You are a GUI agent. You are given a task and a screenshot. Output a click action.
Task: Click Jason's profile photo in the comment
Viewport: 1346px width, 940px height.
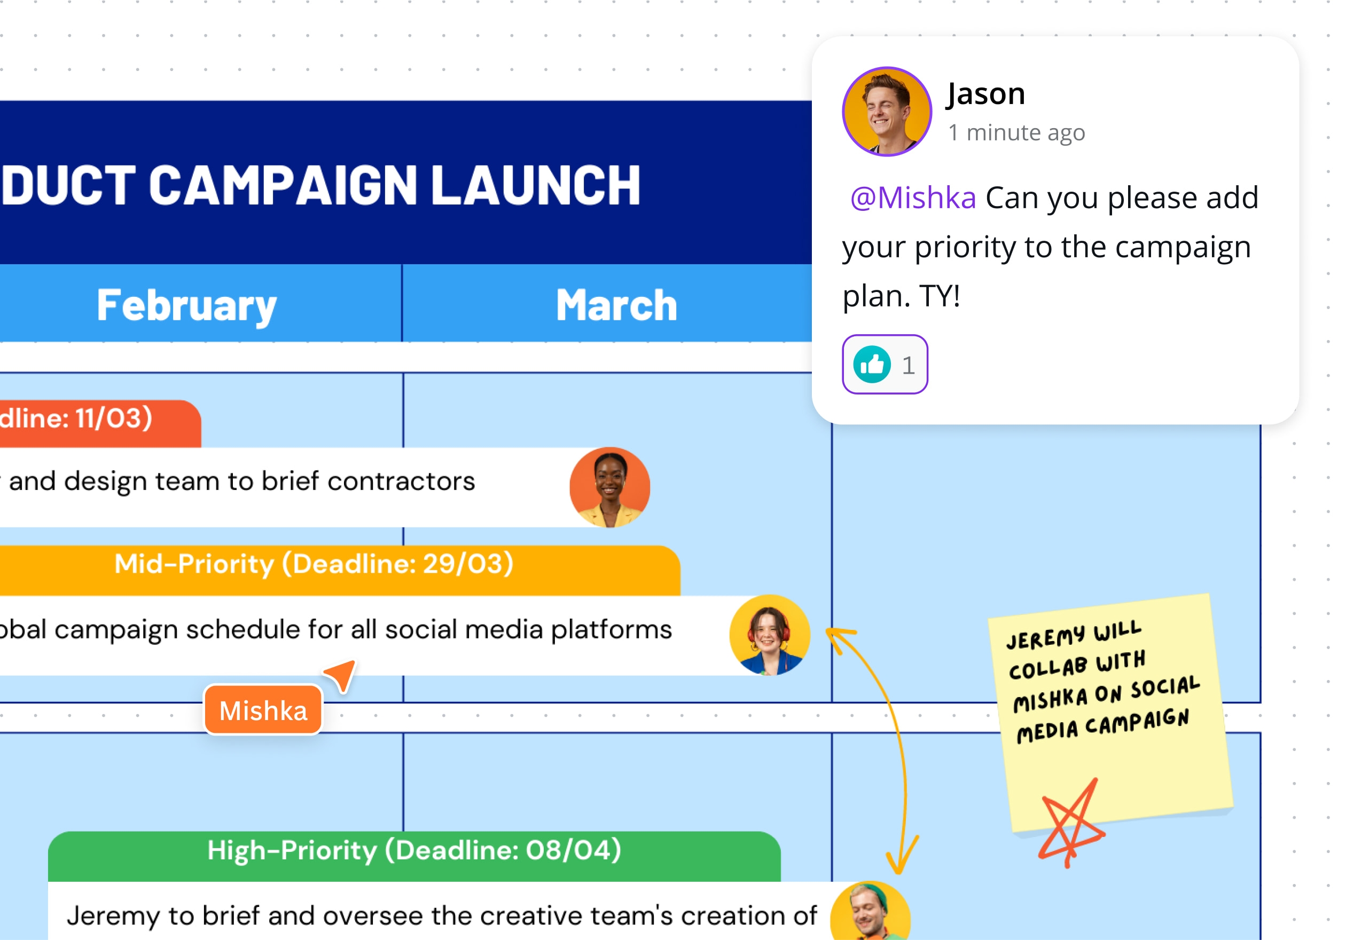click(x=887, y=112)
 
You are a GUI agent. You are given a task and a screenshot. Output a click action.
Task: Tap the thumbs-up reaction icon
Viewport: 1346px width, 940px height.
click(x=872, y=365)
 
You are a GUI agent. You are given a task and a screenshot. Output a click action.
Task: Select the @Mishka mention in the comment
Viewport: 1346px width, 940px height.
click(x=913, y=198)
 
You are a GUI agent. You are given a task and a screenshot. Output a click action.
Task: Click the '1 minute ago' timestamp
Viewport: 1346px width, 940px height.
click(x=1016, y=132)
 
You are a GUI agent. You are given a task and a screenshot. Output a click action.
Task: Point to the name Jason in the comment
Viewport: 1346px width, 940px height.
click(x=986, y=94)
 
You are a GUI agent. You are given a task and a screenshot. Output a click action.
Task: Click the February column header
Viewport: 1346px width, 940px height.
click(x=186, y=305)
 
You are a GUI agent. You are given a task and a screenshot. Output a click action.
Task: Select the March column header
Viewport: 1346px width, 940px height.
click(x=616, y=305)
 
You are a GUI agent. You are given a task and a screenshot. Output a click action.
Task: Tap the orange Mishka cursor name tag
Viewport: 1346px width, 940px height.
click(x=263, y=710)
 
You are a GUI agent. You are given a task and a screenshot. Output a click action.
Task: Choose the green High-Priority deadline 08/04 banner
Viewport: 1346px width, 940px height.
click(x=414, y=851)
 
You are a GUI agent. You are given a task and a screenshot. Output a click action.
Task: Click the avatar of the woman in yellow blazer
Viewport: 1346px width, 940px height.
click(x=609, y=487)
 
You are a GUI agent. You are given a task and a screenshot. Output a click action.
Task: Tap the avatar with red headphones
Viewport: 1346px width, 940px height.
click(x=769, y=635)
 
